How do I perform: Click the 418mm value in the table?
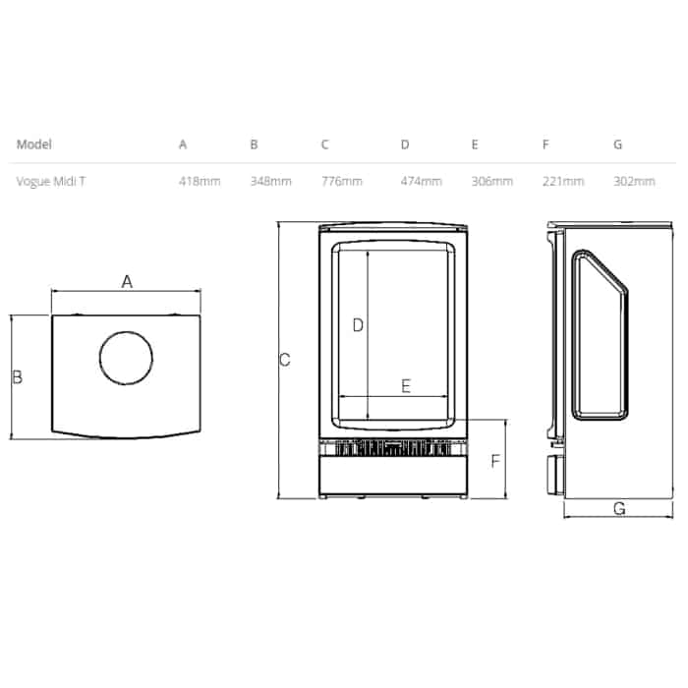pos(199,182)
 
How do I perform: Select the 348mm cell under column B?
pos(270,182)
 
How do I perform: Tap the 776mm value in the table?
pos(341,182)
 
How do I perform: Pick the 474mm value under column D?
pos(421,182)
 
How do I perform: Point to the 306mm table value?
pos(491,182)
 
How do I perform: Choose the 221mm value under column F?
pos(562,182)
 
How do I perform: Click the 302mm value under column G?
pos(634,182)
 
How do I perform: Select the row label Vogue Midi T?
pos(50,182)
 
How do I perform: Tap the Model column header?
pos(33,144)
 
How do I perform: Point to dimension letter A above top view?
pos(127,282)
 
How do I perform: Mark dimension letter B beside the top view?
pos(17,376)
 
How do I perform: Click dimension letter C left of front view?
pos(284,360)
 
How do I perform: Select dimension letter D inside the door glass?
pos(358,325)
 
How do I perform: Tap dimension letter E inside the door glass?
pos(406,386)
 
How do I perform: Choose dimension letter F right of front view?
pos(495,461)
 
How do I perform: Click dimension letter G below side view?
pos(618,508)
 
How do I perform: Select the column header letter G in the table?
pos(617,144)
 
